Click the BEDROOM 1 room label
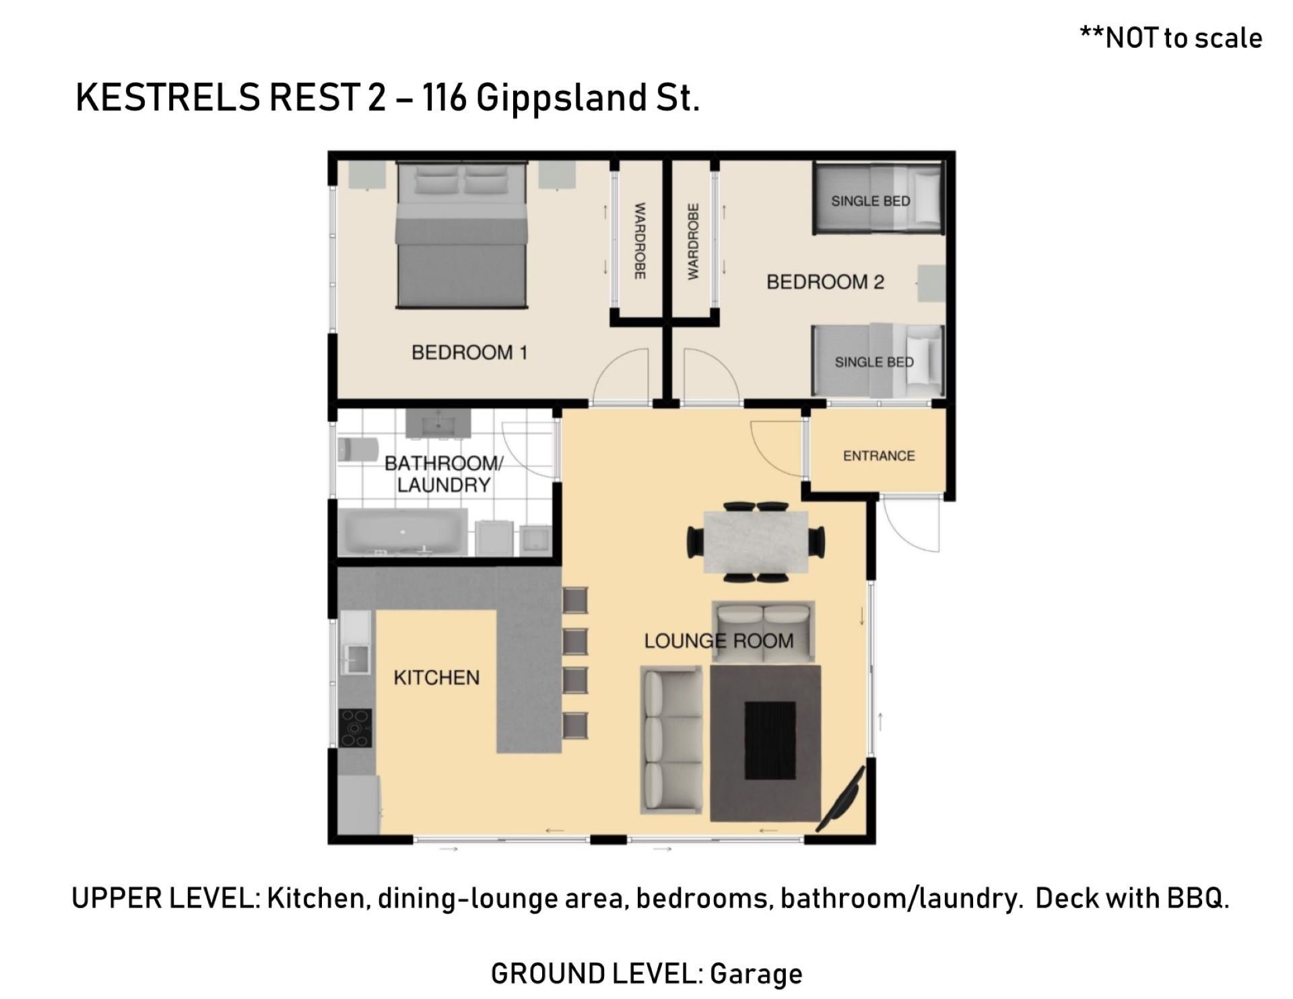click(x=469, y=352)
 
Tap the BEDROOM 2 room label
click(x=825, y=281)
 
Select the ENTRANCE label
click(x=879, y=456)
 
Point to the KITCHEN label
click(x=436, y=677)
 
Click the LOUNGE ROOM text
click(x=719, y=641)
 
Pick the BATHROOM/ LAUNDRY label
click(x=444, y=474)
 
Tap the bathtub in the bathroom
click(x=405, y=532)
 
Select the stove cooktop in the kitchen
click(x=355, y=728)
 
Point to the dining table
click(x=756, y=542)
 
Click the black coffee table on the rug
click(x=770, y=740)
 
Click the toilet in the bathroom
click(x=356, y=450)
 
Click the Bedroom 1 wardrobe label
click(x=640, y=241)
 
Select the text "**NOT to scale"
click(x=1171, y=38)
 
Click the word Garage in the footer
click(x=756, y=974)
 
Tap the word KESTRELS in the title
click(x=167, y=98)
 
